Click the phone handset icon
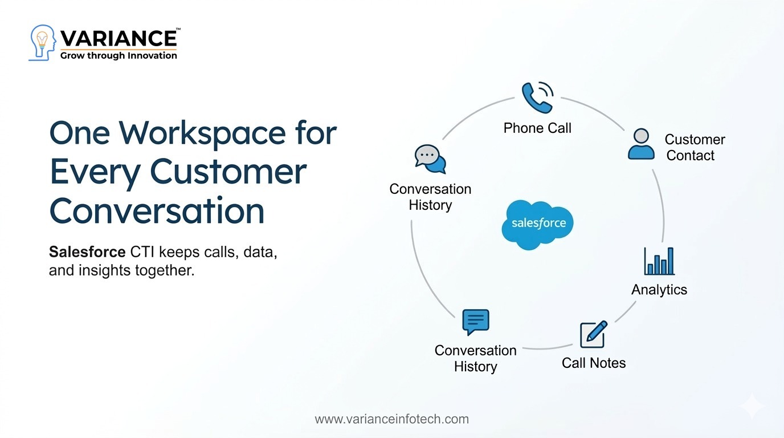[537, 98]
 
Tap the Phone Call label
[537, 128]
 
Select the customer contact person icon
[641, 144]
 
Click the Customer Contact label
[695, 148]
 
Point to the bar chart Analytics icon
[659, 261]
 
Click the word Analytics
[659, 290]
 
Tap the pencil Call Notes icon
[594, 334]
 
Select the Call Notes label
[594, 363]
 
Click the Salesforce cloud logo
[538, 225]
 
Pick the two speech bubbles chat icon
[430, 159]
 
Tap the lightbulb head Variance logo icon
[42, 43]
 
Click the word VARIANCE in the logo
[119, 39]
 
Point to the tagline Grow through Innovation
[119, 56]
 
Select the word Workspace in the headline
[202, 134]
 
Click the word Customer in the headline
[228, 172]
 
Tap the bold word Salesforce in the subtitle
[87, 252]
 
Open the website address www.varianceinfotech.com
[391, 419]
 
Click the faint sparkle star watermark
[752, 405]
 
